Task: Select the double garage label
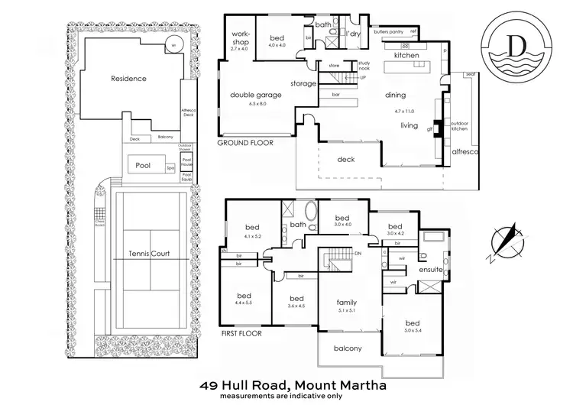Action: tap(256, 96)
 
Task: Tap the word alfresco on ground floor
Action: tap(465, 152)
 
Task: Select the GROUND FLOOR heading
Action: tap(245, 143)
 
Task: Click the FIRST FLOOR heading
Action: tap(241, 334)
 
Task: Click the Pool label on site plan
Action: tap(143, 164)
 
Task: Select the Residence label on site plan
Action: tap(128, 79)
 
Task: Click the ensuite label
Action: tap(430, 270)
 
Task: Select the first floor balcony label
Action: tap(348, 348)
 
